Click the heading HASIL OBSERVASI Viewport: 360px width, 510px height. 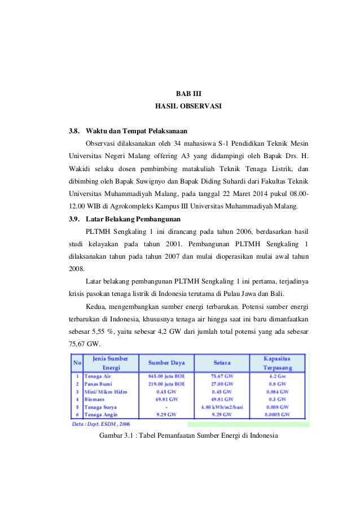(x=188, y=106)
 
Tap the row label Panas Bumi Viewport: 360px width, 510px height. (x=98, y=383)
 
